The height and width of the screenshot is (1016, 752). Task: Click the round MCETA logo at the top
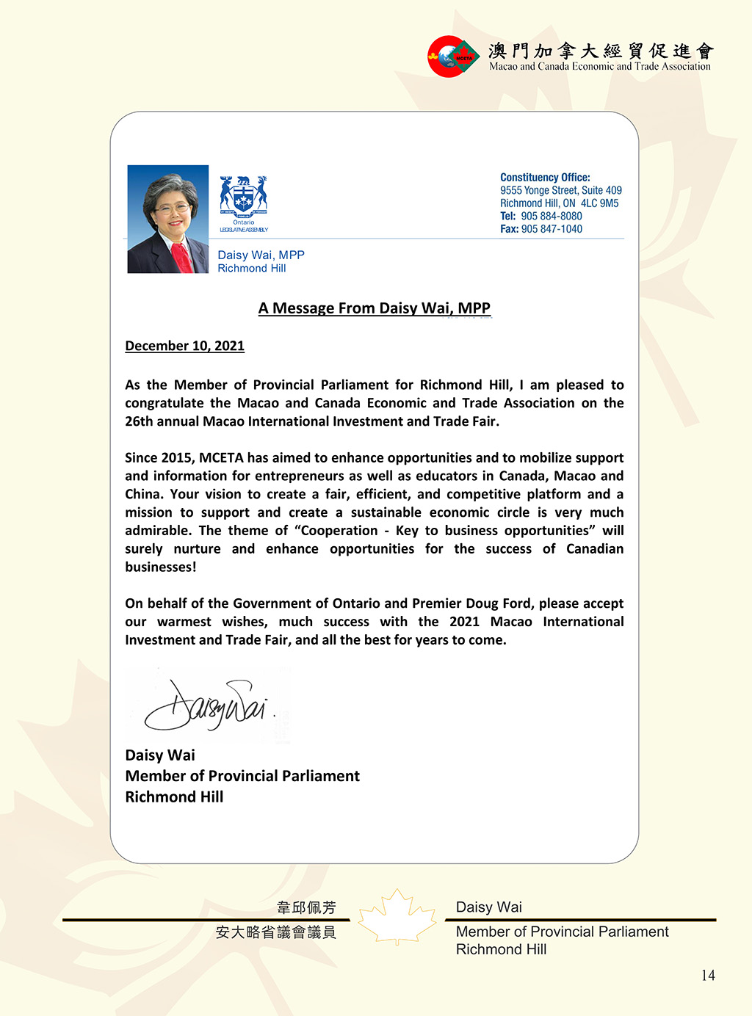(452, 57)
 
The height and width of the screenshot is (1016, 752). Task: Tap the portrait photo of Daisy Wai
(168, 219)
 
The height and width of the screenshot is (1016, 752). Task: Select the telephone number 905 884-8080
(552, 216)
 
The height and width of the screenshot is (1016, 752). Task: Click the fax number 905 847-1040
(552, 229)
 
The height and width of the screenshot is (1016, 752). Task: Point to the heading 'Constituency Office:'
(545, 178)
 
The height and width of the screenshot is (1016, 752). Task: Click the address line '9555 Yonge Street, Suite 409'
(561, 190)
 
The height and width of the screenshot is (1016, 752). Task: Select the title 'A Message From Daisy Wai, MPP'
(375, 308)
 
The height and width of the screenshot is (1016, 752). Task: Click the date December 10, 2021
(184, 346)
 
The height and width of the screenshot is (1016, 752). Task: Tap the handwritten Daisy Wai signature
(206, 705)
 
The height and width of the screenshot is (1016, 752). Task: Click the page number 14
(708, 975)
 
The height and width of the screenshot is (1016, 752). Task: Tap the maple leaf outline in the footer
(397, 917)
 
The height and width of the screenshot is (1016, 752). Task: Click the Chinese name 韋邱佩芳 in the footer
(306, 907)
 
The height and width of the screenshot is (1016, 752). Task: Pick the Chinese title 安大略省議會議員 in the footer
(276, 932)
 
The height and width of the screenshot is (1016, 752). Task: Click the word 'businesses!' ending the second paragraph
(161, 567)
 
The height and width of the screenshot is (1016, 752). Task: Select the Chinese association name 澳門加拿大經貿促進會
(601, 51)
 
